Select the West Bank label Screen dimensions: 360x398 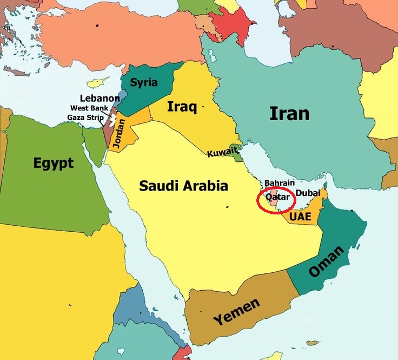point(89,108)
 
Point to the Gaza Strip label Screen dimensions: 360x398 point(85,117)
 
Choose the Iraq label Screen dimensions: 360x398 point(181,106)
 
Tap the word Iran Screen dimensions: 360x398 point(289,114)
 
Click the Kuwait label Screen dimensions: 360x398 point(222,153)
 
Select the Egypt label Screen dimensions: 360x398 point(53,163)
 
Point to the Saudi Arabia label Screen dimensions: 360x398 point(183,187)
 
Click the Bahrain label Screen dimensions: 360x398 point(280,184)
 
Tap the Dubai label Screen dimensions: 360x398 point(308,193)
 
